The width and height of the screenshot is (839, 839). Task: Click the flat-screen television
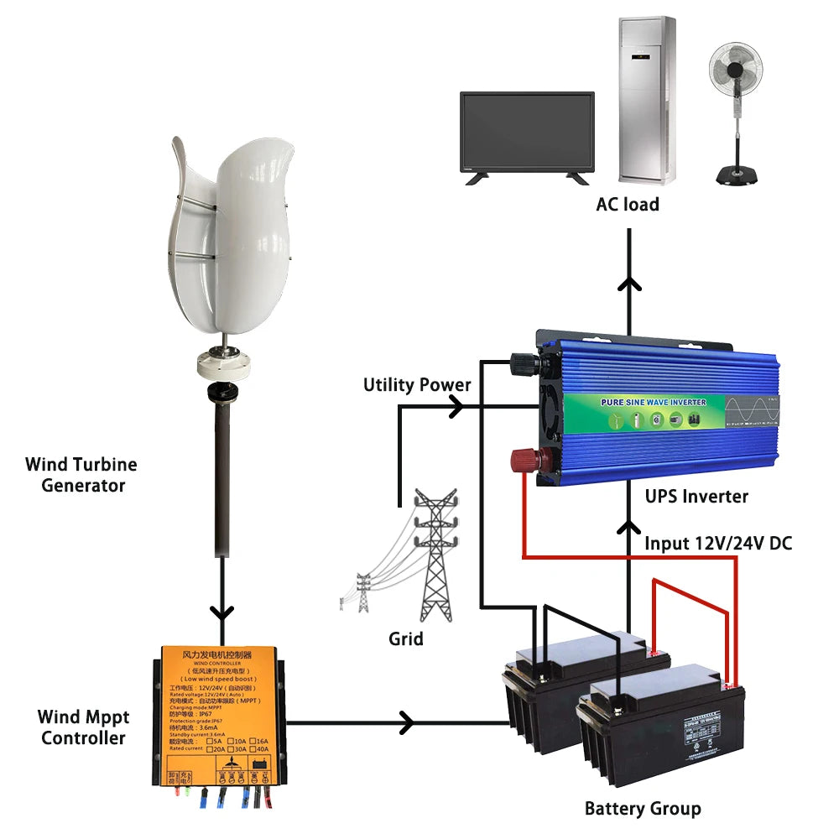(526, 136)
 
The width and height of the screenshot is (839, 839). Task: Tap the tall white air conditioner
(647, 99)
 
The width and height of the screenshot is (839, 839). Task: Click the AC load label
(628, 204)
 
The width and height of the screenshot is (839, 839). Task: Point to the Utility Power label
(417, 385)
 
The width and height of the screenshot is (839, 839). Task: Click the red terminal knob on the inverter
(531, 460)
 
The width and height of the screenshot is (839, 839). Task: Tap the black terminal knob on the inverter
(526, 362)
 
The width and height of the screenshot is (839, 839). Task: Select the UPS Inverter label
(696, 496)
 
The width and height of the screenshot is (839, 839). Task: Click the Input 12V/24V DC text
(717, 543)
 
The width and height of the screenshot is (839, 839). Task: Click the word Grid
(406, 638)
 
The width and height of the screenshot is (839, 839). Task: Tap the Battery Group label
(643, 809)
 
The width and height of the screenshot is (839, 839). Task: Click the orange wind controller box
(217, 715)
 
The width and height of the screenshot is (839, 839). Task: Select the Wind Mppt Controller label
(84, 727)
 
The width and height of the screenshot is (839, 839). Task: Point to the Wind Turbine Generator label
(81, 475)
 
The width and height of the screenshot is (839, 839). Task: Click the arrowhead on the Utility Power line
(457, 408)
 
